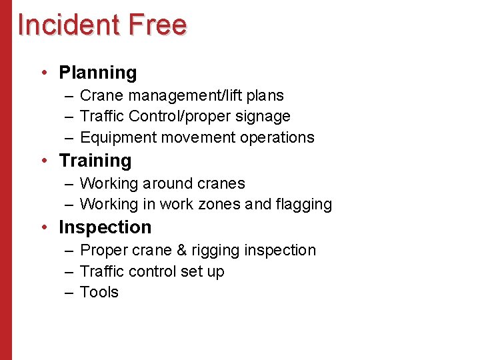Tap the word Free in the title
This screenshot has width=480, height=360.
(158, 25)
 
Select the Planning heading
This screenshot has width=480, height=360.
(98, 72)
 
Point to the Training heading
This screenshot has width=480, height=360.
(95, 161)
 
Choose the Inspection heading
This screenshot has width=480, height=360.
(105, 227)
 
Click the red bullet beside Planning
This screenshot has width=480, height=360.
(43, 72)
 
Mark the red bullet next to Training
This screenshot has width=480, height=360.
(43, 161)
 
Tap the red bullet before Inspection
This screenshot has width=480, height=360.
(43, 227)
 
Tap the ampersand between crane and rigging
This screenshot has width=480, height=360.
(181, 251)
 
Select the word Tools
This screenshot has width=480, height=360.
(99, 293)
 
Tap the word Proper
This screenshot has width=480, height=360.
(101, 251)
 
